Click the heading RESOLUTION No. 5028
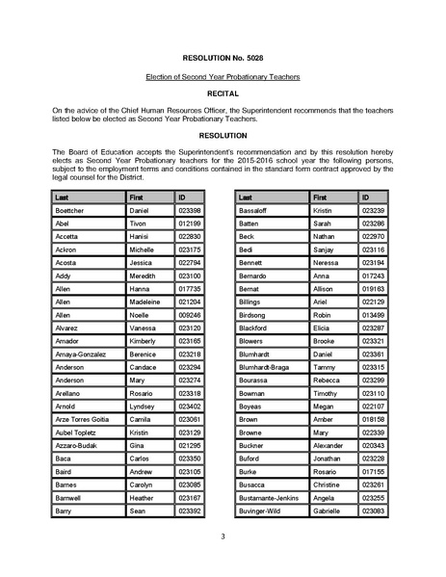pyautogui.click(x=223, y=58)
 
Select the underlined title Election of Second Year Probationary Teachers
pyautogui.click(x=223, y=76)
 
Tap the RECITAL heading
pyautogui.click(x=223, y=95)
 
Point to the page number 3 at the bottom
pyautogui.click(x=223, y=537)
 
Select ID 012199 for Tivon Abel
pyautogui.click(x=189, y=223)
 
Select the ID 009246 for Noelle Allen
pyautogui.click(x=189, y=315)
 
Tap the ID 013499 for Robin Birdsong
pyautogui.click(x=373, y=315)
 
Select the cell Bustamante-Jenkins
pyautogui.click(x=273, y=498)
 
